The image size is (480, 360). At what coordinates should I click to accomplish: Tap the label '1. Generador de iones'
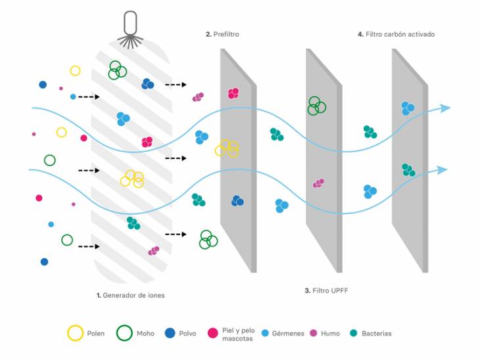tap(130, 296)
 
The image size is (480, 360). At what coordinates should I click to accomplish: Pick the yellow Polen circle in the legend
tap(76, 333)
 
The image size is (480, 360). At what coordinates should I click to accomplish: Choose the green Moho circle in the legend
tap(124, 333)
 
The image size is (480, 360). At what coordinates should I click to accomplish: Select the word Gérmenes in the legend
tap(288, 334)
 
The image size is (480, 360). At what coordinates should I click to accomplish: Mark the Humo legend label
tap(330, 334)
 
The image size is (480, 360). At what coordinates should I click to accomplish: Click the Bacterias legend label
tap(376, 334)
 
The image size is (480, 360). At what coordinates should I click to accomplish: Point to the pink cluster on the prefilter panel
tap(233, 93)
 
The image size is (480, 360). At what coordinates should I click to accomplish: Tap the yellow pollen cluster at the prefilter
tap(227, 148)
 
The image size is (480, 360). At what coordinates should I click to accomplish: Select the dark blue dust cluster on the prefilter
tap(237, 201)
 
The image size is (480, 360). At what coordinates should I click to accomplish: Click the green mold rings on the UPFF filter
tap(316, 105)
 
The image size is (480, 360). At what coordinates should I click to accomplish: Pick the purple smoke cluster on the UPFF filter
tap(319, 183)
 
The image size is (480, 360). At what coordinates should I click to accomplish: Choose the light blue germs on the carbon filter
tap(408, 108)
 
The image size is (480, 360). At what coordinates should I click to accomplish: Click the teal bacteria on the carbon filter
tap(408, 169)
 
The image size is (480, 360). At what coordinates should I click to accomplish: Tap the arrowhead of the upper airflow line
tap(446, 108)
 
